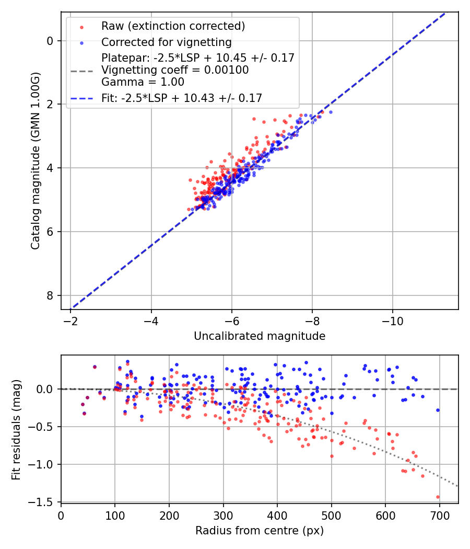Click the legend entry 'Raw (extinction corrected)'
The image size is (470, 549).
coord(173,26)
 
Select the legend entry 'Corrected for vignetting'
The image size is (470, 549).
coord(166,42)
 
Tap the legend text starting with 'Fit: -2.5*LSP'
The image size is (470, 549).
coord(182,98)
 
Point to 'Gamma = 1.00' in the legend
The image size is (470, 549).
coord(143,82)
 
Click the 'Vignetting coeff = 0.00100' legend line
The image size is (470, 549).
coord(175,70)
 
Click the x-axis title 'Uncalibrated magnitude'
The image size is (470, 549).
coord(260,336)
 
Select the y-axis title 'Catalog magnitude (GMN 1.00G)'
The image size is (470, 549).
coord(35,161)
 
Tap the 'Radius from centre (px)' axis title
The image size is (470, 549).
coord(260,531)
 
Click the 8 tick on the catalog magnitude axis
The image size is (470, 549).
coord(50,295)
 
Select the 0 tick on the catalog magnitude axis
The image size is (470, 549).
coord(50,41)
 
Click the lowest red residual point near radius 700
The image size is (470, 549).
coord(438,497)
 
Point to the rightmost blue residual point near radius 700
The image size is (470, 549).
coord(438,410)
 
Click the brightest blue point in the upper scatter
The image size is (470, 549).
coord(330,112)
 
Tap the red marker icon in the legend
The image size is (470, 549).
coord(81,27)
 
